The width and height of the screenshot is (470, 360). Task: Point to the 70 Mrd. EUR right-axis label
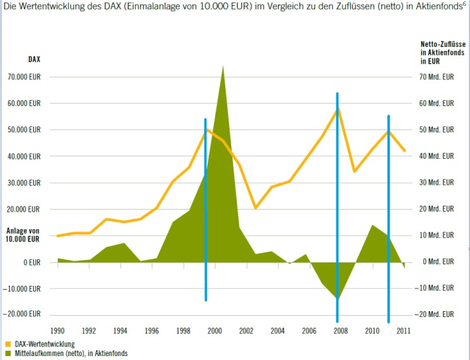point(436,77)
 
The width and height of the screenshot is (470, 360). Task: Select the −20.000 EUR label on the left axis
point(23,313)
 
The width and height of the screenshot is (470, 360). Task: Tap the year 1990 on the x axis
point(58,331)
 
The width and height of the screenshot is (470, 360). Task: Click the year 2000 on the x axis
point(214,331)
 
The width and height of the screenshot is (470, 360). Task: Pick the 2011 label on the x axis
point(404,331)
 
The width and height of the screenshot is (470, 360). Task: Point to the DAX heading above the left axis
point(34,59)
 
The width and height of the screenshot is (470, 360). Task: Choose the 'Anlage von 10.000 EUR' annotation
point(23,235)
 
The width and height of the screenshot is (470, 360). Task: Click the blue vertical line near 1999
point(206,208)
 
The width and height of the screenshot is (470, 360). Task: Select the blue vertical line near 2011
point(389,215)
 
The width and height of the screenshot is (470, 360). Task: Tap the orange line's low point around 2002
point(256,208)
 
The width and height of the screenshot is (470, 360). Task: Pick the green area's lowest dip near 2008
point(337,298)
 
